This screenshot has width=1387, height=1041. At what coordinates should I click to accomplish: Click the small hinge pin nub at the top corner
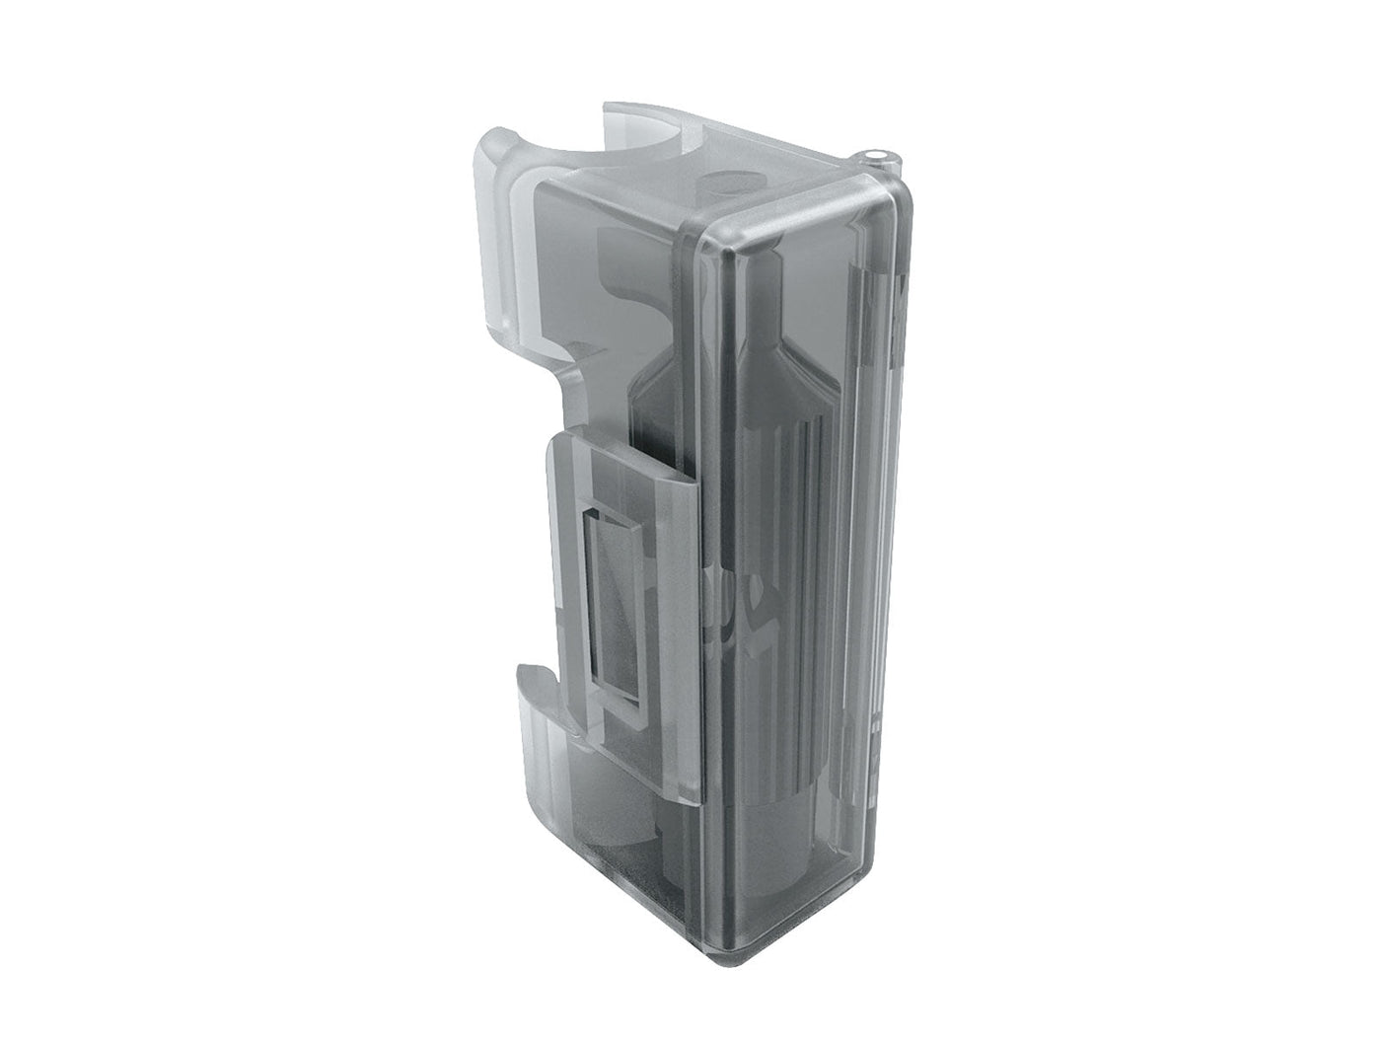pos(877,156)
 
